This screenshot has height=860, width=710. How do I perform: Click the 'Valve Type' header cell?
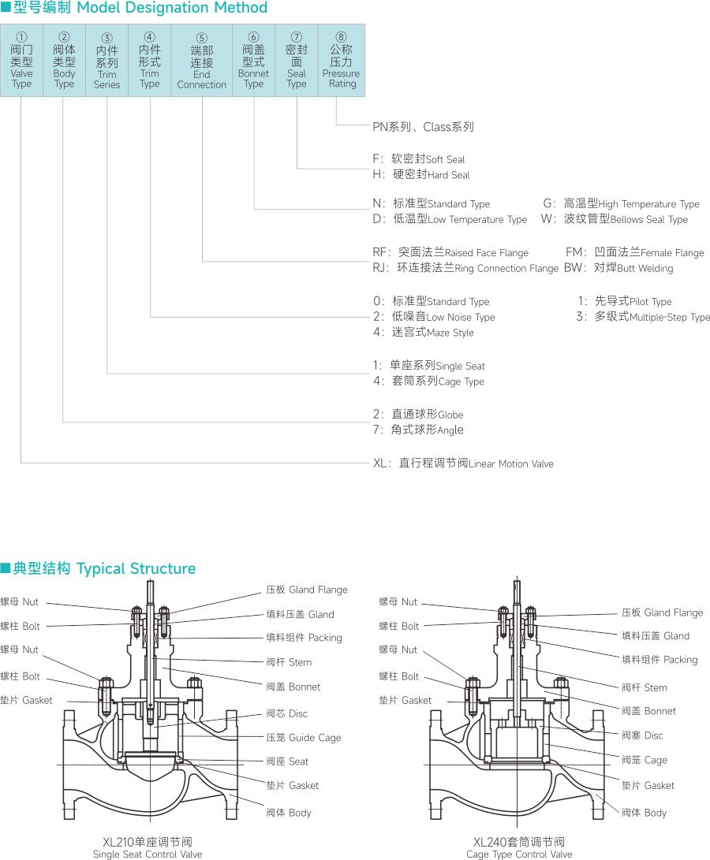coord(22,61)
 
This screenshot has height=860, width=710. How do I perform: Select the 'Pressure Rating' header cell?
coord(342,61)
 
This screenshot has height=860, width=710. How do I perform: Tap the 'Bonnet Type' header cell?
coord(253,61)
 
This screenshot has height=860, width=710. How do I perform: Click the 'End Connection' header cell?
coord(202,61)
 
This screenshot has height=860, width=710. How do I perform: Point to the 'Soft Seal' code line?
coord(419,159)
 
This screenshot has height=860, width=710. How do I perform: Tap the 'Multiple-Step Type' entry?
coord(643,317)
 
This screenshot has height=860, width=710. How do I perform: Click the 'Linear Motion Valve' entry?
coord(464,464)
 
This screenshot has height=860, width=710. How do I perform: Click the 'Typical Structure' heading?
coord(99,568)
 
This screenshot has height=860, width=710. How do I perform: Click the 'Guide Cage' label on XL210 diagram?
coord(304,738)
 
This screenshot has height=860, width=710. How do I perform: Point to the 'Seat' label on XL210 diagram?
coord(287,761)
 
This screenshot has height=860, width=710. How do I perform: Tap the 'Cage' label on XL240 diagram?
coord(645,760)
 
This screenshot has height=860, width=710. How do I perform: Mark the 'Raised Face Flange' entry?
coord(450,252)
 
